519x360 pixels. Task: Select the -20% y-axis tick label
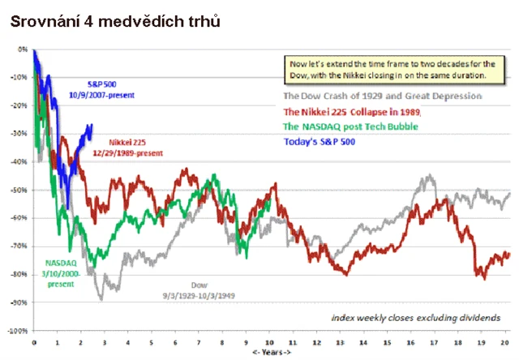click(x=20, y=105)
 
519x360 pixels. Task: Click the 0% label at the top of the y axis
click(x=23, y=49)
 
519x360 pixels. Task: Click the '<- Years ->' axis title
click(x=271, y=352)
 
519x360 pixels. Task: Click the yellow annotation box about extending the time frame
click(x=387, y=68)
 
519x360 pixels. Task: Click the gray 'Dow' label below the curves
click(x=199, y=285)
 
